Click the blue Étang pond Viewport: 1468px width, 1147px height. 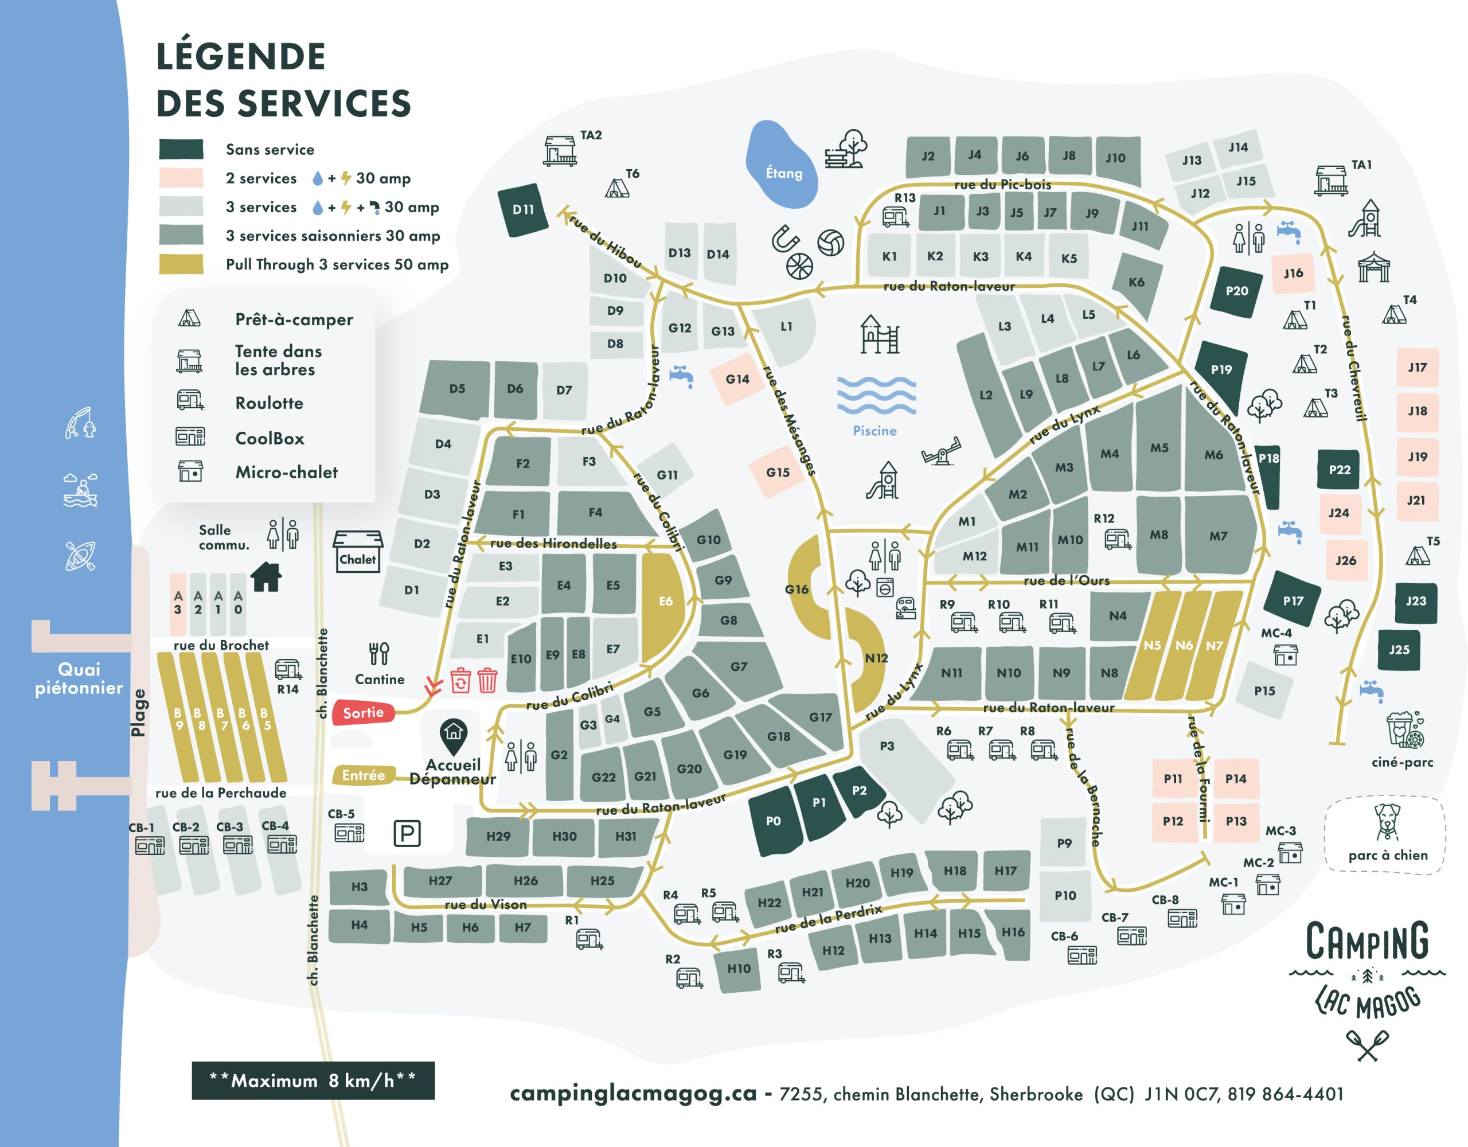click(781, 165)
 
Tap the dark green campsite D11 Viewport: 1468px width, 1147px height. click(523, 210)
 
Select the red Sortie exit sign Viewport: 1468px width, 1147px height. click(363, 713)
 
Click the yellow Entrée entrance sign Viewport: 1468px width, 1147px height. click(363, 775)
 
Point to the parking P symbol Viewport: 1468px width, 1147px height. click(407, 834)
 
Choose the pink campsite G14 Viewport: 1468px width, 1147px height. click(737, 379)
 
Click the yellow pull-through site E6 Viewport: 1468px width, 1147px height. click(665, 600)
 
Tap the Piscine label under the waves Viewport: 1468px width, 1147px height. click(874, 431)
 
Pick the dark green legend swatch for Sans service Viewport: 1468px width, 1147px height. click(181, 149)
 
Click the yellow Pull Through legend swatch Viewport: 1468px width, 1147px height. click(181, 264)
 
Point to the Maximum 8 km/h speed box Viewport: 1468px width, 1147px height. click(313, 1080)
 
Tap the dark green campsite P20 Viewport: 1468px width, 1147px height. click(1236, 291)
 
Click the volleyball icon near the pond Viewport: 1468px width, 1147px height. click(831, 243)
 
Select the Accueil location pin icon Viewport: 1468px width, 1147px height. click(454, 735)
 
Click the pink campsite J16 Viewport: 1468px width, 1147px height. click(1293, 273)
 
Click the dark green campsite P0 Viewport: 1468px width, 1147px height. click(774, 821)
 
